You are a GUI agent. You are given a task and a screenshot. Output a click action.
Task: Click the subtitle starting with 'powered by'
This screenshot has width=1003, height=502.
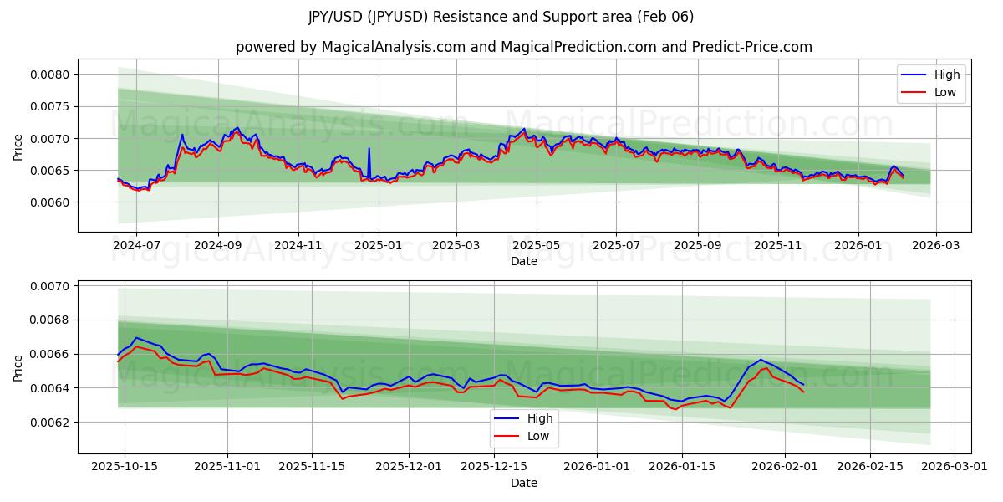[x=523, y=47]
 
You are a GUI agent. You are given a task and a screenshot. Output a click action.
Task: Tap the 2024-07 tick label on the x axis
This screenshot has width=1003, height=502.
[x=136, y=246]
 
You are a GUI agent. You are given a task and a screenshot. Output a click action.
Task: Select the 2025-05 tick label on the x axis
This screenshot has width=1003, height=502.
[x=536, y=246]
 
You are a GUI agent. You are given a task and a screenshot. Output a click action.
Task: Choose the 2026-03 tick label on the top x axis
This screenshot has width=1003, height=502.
[x=935, y=246]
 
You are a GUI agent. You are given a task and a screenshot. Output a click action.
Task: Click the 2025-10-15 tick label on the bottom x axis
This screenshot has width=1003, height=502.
[x=125, y=466]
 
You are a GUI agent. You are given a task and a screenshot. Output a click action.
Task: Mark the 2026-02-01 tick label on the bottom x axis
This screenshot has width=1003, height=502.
[x=785, y=466]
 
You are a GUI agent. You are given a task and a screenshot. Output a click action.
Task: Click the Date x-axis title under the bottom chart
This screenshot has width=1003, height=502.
[x=523, y=483]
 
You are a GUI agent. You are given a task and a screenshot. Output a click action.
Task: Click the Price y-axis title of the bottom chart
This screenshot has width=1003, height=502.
[x=18, y=367]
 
